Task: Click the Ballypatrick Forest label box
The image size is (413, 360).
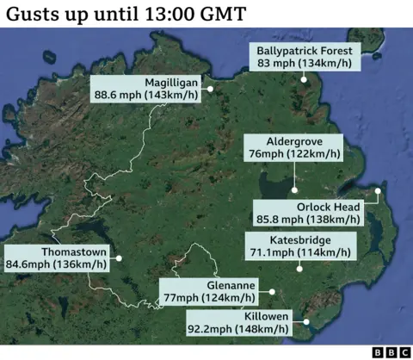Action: (305, 57)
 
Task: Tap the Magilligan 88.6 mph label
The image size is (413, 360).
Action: (146, 87)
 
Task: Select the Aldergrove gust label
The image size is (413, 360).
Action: (293, 147)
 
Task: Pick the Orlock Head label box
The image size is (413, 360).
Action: (307, 213)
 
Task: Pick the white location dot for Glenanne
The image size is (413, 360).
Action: (271, 291)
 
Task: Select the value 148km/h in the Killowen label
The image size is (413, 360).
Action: (267, 328)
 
